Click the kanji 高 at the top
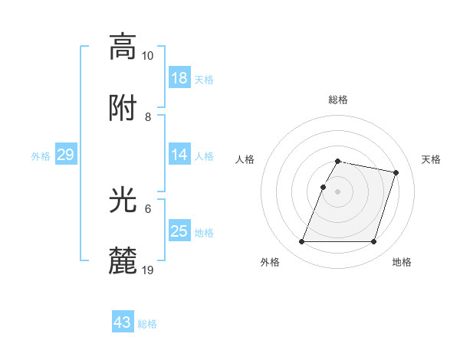click(x=123, y=47)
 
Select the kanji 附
click(x=123, y=108)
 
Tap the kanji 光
click(x=123, y=200)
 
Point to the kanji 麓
click(x=123, y=261)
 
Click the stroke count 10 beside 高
click(x=148, y=56)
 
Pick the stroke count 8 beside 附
click(x=148, y=117)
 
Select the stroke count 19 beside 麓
click(x=148, y=270)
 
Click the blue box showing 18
click(x=179, y=78)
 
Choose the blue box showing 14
click(x=179, y=155)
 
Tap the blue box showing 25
click(x=179, y=231)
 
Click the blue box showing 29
click(x=66, y=155)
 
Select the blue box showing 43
click(x=123, y=322)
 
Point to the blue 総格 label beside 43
click(x=148, y=324)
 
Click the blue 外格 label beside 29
click(x=41, y=156)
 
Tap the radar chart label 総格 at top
click(x=337, y=100)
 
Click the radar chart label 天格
click(x=431, y=159)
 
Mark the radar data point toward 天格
click(x=396, y=173)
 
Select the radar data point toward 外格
click(x=302, y=242)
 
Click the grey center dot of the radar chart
click(x=337, y=191)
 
